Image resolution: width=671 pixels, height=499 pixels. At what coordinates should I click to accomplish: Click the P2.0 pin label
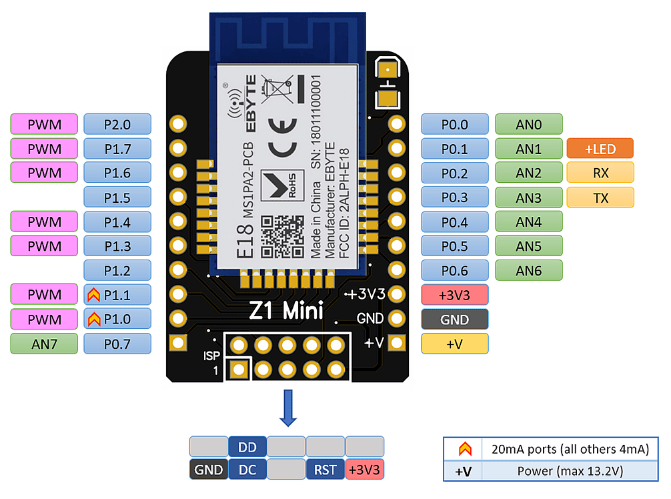tap(117, 124)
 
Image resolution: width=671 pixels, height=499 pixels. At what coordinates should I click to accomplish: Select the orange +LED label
tap(600, 149)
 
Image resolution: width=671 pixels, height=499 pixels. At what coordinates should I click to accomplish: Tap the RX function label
tap(600, 173)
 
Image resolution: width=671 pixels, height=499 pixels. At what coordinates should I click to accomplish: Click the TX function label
tap(600, 197)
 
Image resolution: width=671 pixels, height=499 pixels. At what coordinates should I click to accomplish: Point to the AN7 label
tap(44, 344)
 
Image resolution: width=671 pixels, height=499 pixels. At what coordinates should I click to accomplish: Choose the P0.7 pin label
tap(117, 344)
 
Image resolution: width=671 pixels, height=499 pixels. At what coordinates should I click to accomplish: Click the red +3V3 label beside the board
tap(455, 295)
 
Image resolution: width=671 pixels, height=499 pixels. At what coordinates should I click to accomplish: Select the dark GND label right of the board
tap(455, 320)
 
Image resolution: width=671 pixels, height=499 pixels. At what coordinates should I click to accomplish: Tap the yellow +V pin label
tap(455, 344)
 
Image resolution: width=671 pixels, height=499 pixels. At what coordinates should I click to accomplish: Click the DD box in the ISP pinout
tap(247, 447)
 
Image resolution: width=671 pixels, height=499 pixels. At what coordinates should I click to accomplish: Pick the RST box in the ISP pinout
tap(325, 470)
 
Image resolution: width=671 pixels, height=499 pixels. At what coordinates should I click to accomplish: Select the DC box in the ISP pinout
tap(247, 470)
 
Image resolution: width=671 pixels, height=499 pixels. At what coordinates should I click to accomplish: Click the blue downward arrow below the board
tap(288, 408)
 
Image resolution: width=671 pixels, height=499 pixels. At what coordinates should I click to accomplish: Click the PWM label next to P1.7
tap(44, 149)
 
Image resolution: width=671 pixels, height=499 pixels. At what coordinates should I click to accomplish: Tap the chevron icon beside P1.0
tap(94, 320)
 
